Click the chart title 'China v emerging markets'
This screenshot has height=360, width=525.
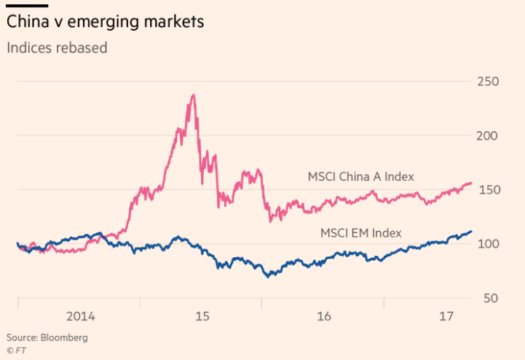click(x=105, y=22)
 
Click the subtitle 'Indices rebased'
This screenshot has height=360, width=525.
click(x=56, y=48)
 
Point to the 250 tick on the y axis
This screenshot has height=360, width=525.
click(x=488, y=81)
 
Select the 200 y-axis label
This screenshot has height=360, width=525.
click(x=488, y=136)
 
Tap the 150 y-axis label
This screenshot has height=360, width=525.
click(x=488, y=189)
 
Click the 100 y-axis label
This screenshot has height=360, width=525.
click(x=488, y=243)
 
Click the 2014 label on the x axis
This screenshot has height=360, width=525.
click(x=80, y=316)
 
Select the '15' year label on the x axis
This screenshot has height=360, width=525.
click(x=202, y=316)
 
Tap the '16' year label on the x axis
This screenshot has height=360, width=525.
click(x=324, y=316)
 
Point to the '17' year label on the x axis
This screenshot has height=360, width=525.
click(x=446, y=316)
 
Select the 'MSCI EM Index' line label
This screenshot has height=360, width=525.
click(x=361, y=233)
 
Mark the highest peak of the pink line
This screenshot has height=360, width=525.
click(x=193, y=95)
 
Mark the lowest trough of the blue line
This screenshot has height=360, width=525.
click(x=269, y=277)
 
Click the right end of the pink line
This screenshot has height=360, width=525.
click(x=472, y=183)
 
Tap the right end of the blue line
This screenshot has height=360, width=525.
click(x=472, y=231)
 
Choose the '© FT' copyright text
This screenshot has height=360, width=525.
click(x=17, y=349)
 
